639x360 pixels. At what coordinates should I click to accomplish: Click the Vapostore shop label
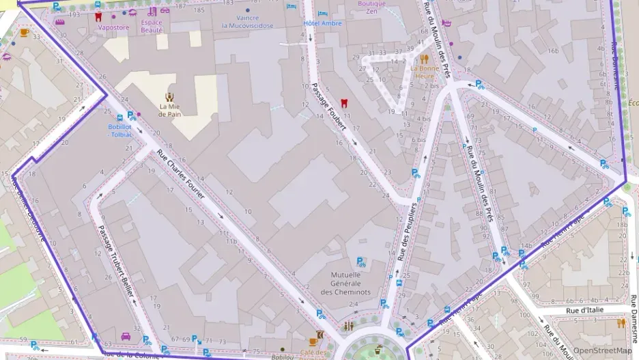(x=113, y=28)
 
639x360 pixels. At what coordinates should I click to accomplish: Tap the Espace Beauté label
(x=152, y=26)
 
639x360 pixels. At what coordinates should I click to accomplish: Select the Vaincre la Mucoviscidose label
(x=247, y=22)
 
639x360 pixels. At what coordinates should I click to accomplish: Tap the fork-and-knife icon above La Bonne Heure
(x=424, y=58)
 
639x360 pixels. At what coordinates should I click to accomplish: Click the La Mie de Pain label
(x=169, y=110)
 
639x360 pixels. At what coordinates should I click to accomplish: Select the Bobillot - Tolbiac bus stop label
(x=120, y=130)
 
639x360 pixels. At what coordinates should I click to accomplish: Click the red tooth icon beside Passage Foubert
(x=344, y=103)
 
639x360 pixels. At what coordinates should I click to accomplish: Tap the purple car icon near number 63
(x=126, y=336)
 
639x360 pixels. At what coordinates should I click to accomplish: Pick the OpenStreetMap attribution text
(x=602, y=350)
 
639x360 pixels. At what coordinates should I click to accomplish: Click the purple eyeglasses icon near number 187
(x=165, y=10)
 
